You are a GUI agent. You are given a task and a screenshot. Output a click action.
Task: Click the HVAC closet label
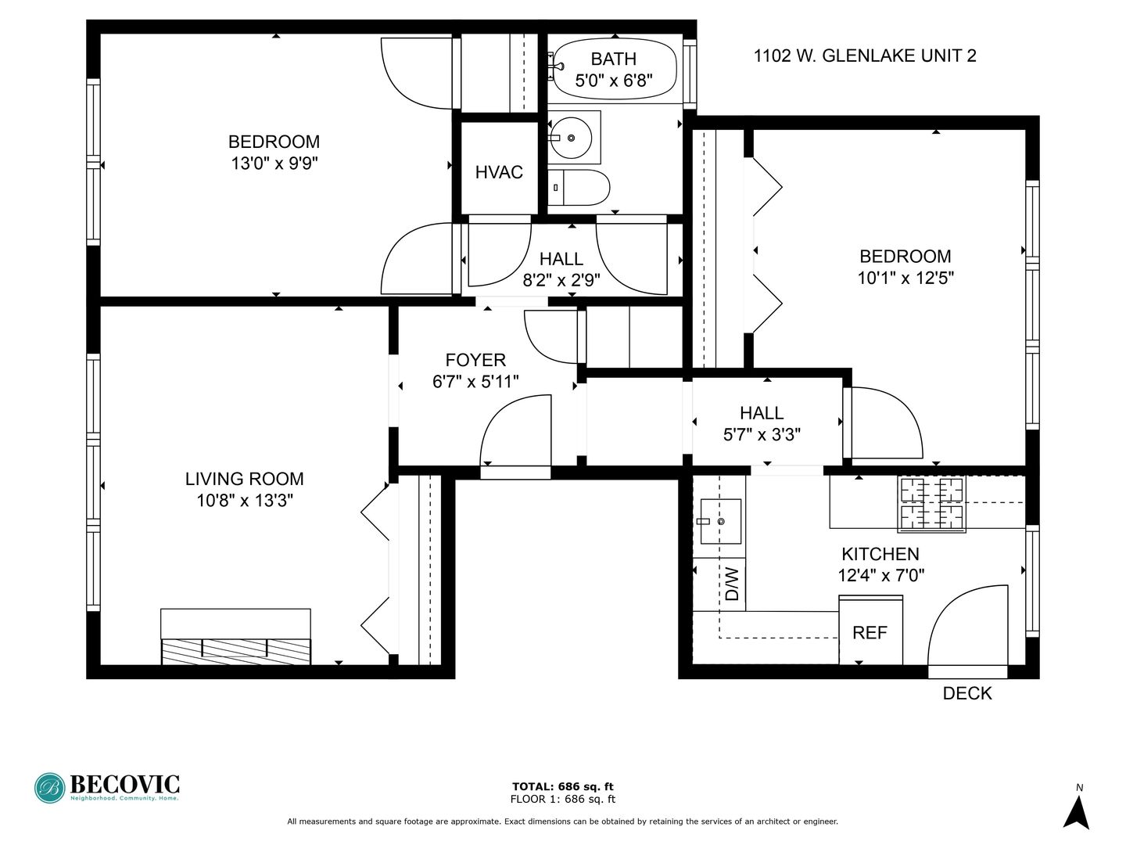499,172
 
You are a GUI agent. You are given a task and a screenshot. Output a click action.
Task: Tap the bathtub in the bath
614,69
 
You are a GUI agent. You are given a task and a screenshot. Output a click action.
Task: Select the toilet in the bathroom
579,188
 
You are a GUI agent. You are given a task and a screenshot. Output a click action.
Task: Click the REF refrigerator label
870,633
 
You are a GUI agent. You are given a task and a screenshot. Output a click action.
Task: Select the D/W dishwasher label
732,584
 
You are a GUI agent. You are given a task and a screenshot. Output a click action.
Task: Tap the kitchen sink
719,521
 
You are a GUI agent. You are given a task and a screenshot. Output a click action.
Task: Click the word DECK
967,693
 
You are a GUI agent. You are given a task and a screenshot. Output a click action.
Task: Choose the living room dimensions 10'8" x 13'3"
244,501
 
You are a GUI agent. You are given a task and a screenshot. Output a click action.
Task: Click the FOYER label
475,360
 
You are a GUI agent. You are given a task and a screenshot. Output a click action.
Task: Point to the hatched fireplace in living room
235,651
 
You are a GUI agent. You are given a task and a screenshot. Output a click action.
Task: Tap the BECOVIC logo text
125,784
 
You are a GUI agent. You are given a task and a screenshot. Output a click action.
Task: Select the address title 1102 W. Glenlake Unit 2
865,56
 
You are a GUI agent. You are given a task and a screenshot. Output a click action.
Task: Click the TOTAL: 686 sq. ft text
562,786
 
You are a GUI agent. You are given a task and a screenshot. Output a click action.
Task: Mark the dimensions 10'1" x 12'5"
905,278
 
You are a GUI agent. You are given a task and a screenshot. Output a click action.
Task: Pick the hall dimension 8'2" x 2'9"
561,280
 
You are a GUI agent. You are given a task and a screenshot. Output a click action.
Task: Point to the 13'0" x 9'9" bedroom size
274,164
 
